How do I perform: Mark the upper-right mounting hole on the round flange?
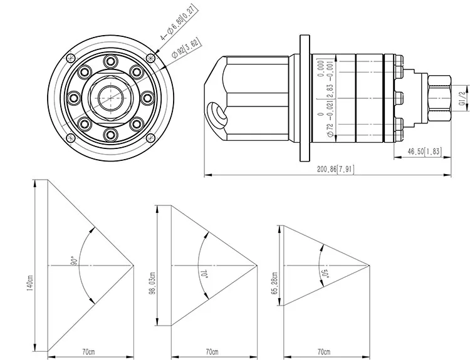(150, 58)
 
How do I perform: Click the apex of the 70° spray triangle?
(258, 265)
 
